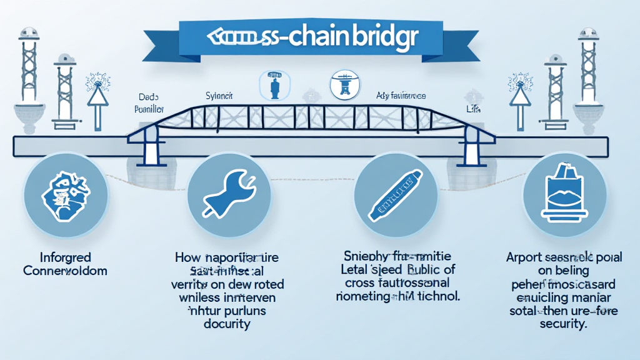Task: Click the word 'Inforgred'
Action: [56, 257]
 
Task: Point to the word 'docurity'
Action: [226, 324]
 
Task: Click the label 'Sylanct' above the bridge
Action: [219, 96]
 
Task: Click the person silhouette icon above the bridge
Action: [274, 86]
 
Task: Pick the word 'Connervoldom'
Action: [65, 271]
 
